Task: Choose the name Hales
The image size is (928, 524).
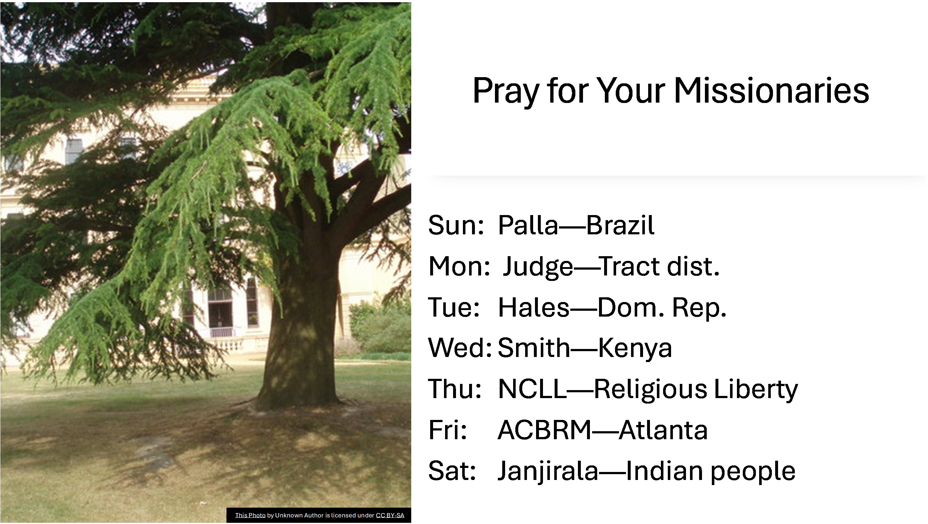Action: click(x=534, y=307)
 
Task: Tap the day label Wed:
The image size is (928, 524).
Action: click(x=460, y=348)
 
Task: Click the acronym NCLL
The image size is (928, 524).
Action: click(x=532, y=389)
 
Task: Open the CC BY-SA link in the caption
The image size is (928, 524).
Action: click(x=390, y=515)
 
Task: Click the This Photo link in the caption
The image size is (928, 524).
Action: click(x=250, y=515)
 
